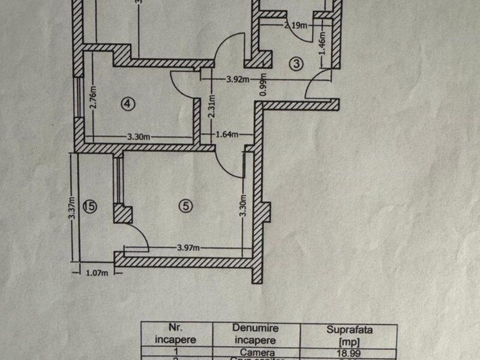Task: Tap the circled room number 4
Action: click(127, 104)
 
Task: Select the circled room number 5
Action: click(187, 205)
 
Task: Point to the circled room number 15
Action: click(90, 207)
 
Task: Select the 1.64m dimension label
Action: click(227, 134)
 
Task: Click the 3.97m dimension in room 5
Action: click(189, 247)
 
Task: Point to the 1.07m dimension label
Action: click(96, 274)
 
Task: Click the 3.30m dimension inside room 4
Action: click(139, 137)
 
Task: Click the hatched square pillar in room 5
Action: click(122, 214)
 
